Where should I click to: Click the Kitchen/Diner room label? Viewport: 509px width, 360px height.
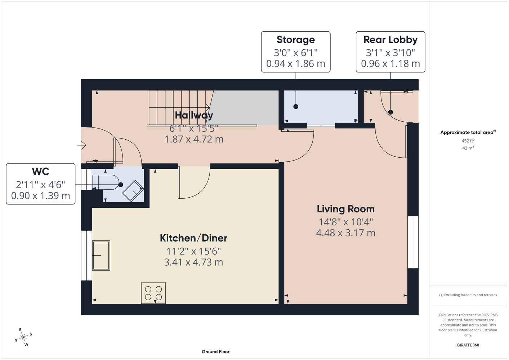pos(193,238)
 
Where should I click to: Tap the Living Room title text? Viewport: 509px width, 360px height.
pos(345,209)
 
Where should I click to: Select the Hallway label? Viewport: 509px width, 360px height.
pos(194,115)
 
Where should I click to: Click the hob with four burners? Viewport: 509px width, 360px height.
pos(153,293)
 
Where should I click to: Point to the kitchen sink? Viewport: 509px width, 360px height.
pos(101,255)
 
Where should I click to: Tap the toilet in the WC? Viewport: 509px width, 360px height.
pos(106,182)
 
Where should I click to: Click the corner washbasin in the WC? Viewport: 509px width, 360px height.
pos(133,191)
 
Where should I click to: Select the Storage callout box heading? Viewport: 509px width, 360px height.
pos(296,40)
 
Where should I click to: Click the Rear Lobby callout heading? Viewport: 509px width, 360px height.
pos(390,40)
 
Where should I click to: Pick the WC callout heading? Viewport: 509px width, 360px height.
pos(40,171)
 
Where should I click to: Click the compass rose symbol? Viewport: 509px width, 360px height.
pos(23,337)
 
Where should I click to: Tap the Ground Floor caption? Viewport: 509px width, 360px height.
pos(215,352)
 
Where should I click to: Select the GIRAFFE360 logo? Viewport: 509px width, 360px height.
pos(468,345)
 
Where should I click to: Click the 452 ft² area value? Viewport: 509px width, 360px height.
pos(468,141)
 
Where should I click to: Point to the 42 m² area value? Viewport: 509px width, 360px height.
pos(468,148)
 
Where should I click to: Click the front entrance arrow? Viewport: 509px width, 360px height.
pos(82,145)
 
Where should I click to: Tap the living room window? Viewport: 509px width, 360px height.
pos(413,242)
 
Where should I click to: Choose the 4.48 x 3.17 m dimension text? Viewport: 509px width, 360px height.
pos(345,233)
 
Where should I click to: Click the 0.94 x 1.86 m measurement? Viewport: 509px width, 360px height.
pos(296,64)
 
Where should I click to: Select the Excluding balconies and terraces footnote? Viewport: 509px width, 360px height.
pos(468,295)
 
